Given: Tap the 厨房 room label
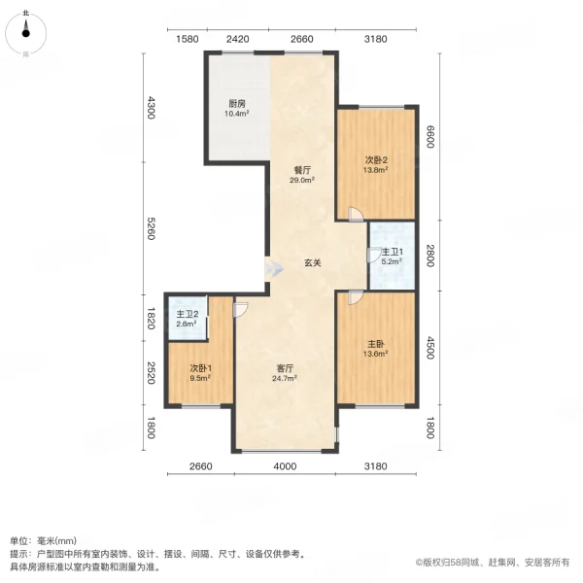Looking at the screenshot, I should (x=237, y=103).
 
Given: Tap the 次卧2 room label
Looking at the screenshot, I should (x=376, y=159).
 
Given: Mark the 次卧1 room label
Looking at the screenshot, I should (x=201, y=368).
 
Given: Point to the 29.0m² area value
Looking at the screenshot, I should (x=302, y=180).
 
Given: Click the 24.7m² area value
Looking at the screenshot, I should (x=285, y=379).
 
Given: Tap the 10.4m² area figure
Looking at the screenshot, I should (x=237, y=114).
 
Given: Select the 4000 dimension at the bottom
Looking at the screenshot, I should (x=284, y=468).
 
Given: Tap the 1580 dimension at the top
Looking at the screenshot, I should (x=188, y=39).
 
